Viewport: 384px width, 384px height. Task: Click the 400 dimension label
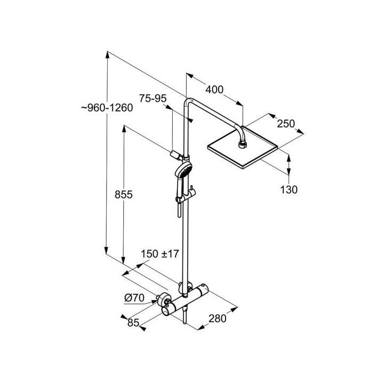[214, 90]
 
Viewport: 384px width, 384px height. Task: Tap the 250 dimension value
[286, 124]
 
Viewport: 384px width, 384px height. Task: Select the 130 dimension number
[289, 189]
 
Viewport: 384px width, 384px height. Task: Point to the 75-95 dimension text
[153, 99]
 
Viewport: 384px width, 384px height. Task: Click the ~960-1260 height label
[107, 108]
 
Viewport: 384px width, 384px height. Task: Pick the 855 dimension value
[124, 195]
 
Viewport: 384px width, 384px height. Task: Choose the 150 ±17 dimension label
[160, 254]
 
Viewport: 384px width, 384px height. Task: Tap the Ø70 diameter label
[134, 298]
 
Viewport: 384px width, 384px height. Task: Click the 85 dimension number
[133, 323]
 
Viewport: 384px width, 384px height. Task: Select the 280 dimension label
[218, 318]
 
